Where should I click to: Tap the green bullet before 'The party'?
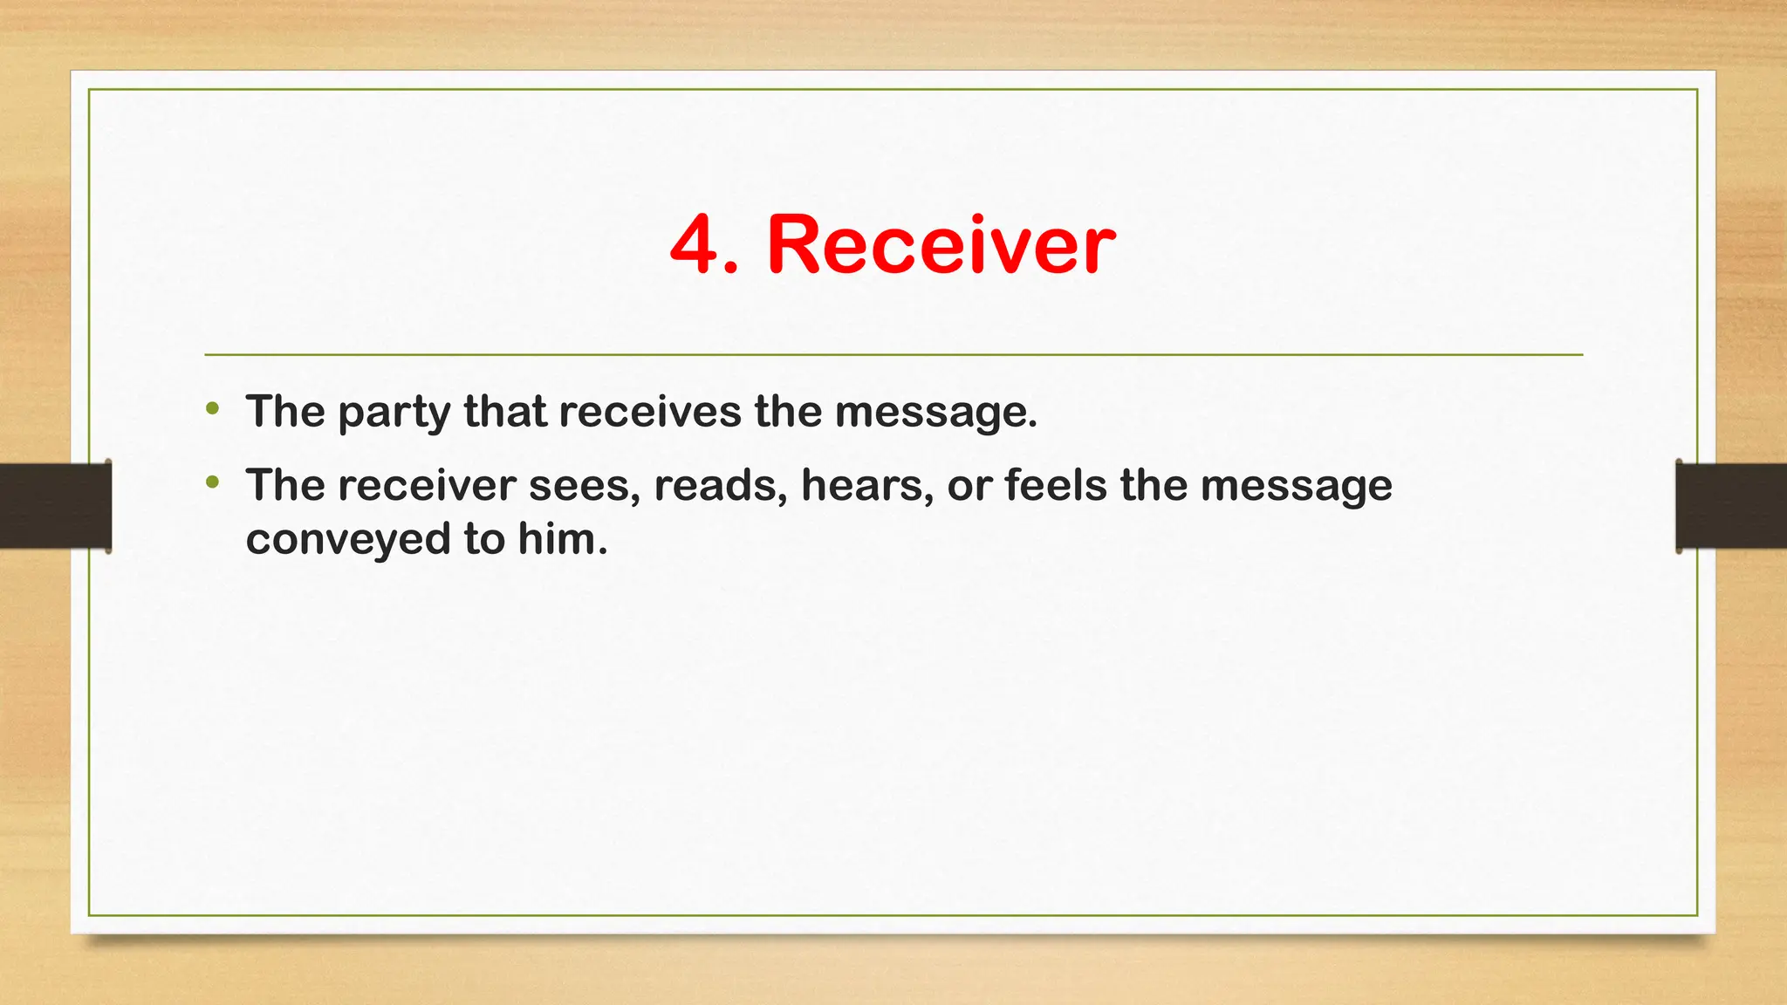[x=213, y=408]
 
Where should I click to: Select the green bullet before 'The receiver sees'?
[x=213, y=482]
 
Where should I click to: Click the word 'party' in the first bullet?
[x=394, y=414]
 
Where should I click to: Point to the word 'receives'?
[x=650, y=412]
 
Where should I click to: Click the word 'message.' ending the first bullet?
[x=935, y=414]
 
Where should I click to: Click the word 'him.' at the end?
[x=562, y=539]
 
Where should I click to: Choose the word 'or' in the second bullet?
[x=969, y=487]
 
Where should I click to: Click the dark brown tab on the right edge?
[x=1731, y=506]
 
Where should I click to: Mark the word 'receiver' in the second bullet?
[x=427, y=487]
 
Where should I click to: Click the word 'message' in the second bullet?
[x=1296, y=487]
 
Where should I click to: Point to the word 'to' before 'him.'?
[x=484, y=539]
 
